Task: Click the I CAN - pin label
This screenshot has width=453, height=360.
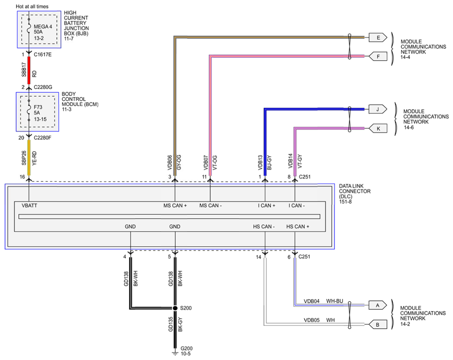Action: (x=296, y=206)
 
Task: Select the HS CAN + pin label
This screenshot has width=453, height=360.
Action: (x=298, y=227)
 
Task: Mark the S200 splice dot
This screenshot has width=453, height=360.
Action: (x=175, y=308)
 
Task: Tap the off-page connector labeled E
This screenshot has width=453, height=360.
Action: (x=378, y=37)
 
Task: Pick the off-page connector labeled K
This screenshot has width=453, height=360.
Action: (x=378, y=128)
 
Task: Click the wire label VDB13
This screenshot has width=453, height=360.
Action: (x=260, y=162)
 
